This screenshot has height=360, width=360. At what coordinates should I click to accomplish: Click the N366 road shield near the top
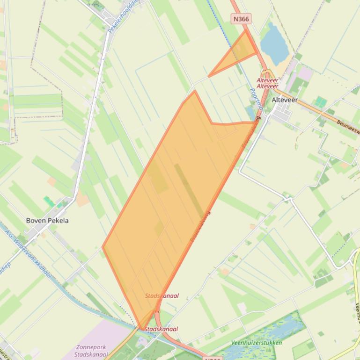241,19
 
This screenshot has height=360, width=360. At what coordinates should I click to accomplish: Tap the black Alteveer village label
285,100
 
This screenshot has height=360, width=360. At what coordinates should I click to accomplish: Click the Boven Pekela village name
47,220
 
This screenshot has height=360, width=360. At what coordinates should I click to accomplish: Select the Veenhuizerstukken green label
257,343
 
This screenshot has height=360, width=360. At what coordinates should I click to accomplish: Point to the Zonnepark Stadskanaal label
92,351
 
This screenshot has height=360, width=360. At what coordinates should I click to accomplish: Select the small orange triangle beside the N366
238,54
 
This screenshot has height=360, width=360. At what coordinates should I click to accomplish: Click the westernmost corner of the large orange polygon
103,247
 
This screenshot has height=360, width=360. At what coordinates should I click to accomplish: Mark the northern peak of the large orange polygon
194,91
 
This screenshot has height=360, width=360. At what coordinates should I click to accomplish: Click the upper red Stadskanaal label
162,296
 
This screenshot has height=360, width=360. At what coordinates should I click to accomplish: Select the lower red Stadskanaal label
162,329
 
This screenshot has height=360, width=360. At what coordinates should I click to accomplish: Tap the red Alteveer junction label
267,83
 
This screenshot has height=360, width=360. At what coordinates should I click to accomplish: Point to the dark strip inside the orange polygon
189,191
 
